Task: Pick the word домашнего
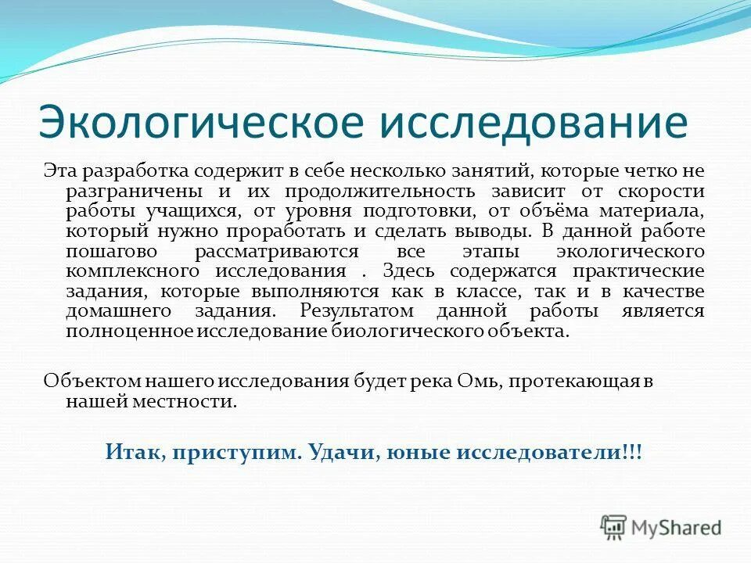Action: tap(114, 311)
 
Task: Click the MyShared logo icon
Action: tap(614, 528)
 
